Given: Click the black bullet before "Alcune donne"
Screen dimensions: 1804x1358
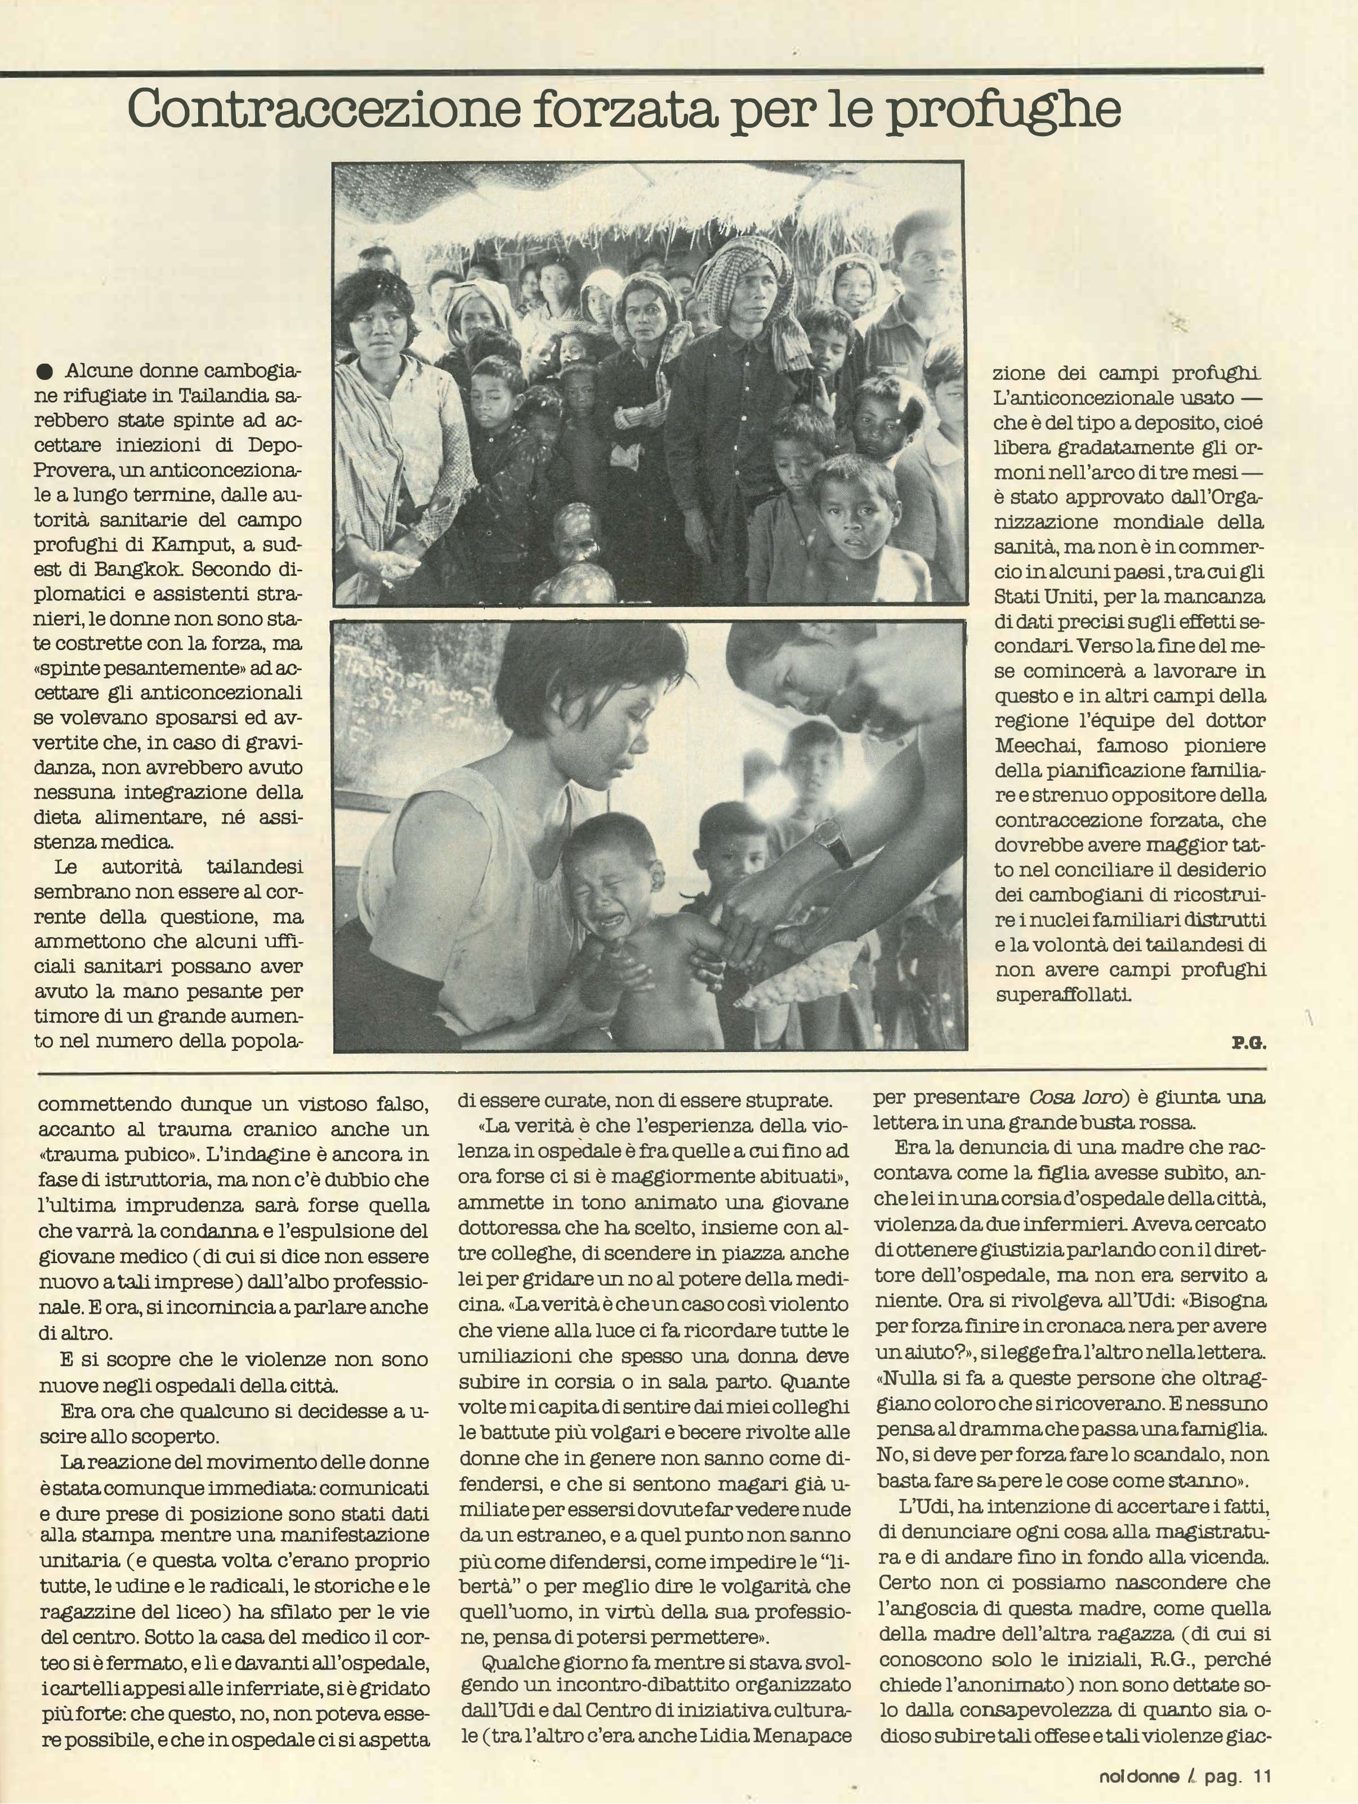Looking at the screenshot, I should coord(45,372).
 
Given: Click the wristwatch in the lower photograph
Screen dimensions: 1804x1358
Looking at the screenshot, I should coord(833,841).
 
